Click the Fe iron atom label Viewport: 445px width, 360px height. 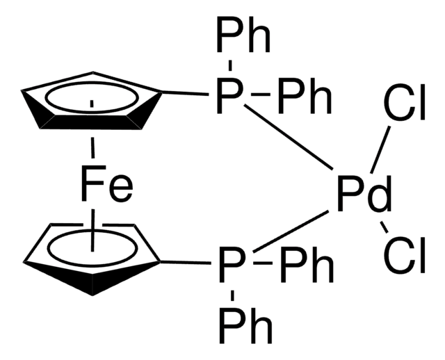point(106,184)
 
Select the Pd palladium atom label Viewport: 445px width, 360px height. point(364,194)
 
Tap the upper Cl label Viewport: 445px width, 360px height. point(405,102)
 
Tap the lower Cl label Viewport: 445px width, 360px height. point(405,255)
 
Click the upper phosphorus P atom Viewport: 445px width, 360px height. point(229,96)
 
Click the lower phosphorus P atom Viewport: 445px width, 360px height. point(232,265)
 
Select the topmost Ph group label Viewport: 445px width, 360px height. point(243,35)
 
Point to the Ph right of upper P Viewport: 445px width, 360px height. point(305,96)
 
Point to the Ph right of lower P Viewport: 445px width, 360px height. point(307,265)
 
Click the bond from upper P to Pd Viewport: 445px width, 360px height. point(289,138)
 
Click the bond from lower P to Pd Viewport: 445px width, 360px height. point(291,231)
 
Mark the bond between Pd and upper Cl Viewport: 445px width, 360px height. point(380,149)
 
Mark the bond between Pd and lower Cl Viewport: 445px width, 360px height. point(384,227)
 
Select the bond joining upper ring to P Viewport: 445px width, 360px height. point(185,93)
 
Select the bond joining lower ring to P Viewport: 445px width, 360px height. point(186,262)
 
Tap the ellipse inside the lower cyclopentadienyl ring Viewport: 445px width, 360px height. point(92,248)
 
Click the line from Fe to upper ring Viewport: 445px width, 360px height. point(92,147)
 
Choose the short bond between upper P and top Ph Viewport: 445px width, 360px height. point(230,65)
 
